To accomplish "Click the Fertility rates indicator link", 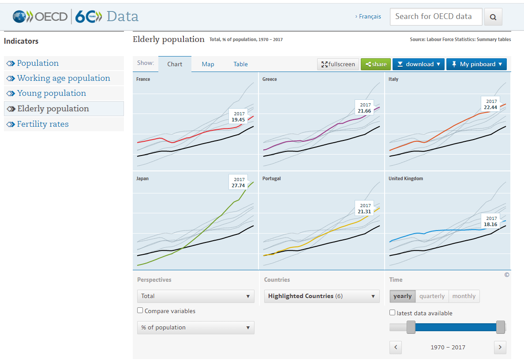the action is [43, 124].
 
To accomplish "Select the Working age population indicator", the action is [64, 78].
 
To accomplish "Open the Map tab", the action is [208, 64].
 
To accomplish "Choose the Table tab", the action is [241, 64].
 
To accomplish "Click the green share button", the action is [376, 64].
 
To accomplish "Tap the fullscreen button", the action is [338, 64].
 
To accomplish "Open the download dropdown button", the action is [419, 64].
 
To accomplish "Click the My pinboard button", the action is [476, 64].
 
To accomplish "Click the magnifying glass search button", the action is [493, 17].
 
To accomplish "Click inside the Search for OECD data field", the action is [436, 17].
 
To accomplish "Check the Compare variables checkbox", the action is [140, 310].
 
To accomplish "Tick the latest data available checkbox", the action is [392, 313].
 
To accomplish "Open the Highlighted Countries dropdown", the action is [322, 296].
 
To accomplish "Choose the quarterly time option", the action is [432, 296].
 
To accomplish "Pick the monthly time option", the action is [464, 296].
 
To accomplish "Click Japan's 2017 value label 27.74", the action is [238, 185].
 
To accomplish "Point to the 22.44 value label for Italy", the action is [490, 107].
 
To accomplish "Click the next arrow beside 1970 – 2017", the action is [500, 347].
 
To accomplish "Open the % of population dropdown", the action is [195, 328].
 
